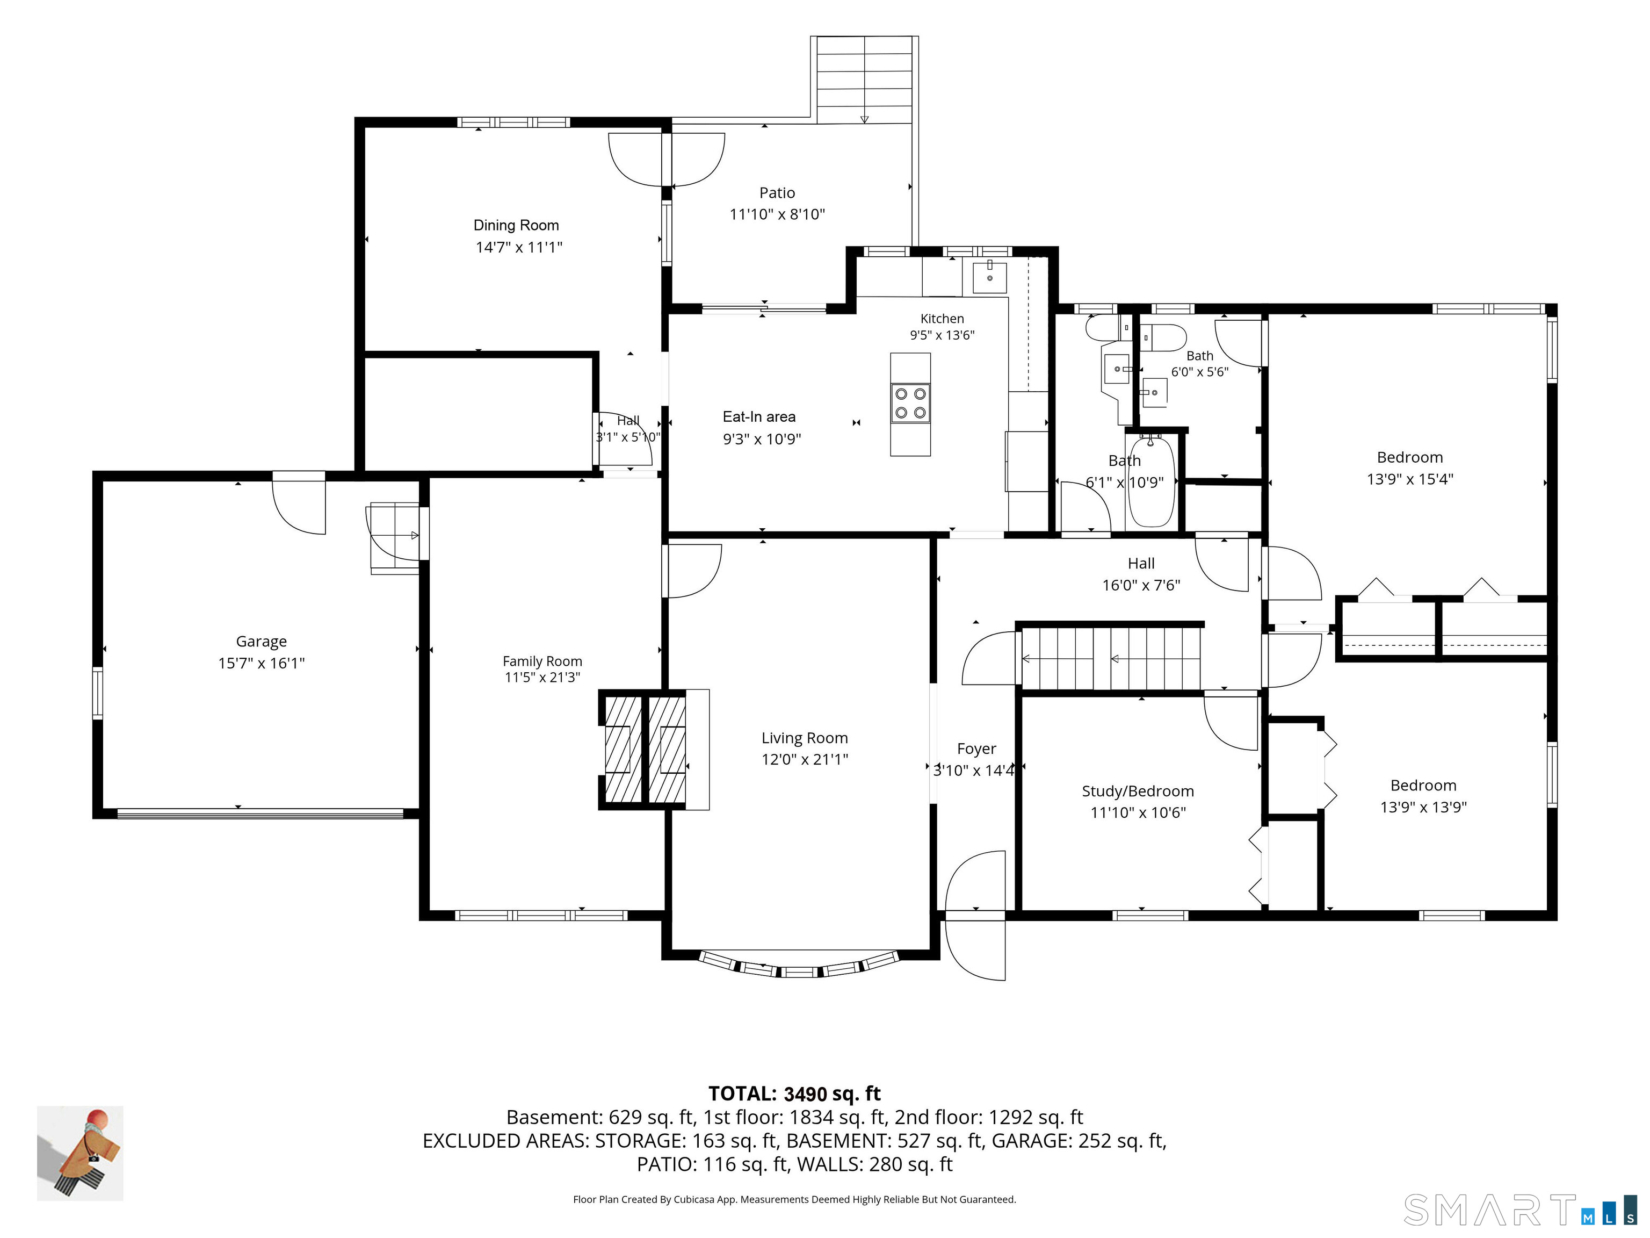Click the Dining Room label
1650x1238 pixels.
click(x=516, y=225)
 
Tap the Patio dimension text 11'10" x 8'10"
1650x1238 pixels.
click(x=777, y=215)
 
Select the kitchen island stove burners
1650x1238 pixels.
click(x=910, y=403)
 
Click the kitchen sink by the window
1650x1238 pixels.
click(x=989, y=278)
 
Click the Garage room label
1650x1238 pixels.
click(x=261, y=642)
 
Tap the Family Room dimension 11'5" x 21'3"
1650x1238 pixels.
click(x=542, y=678)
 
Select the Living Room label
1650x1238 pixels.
click(x=805, y=738)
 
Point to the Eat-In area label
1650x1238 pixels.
click(x=759, y=417)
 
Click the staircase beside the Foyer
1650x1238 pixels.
click(x=1111, y=658)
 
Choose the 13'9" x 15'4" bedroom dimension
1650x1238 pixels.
click(x=1410, y=479)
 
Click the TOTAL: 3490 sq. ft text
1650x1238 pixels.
click(x=794, y=1094)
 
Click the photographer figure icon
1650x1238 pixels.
click(x=81, y=1153)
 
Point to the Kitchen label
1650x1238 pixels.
click(x=942, y=319)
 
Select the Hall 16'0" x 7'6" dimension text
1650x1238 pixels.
click(x=1141, y=585)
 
